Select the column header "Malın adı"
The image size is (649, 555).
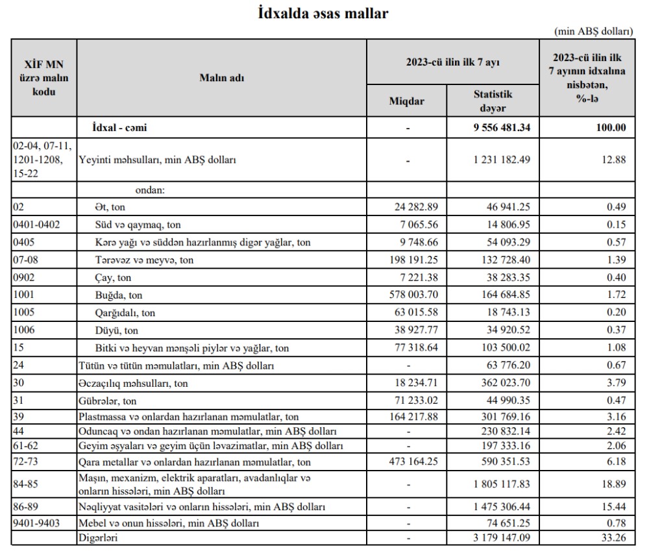[x=221, y=78]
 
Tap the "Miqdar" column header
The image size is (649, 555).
[x=407, y=101]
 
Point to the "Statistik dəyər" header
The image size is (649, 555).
[x=493, y=101]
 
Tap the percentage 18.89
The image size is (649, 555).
[x=613, y=483]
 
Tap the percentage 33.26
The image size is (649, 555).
[x=613, y=537]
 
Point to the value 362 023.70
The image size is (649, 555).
[x=502, y=384]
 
